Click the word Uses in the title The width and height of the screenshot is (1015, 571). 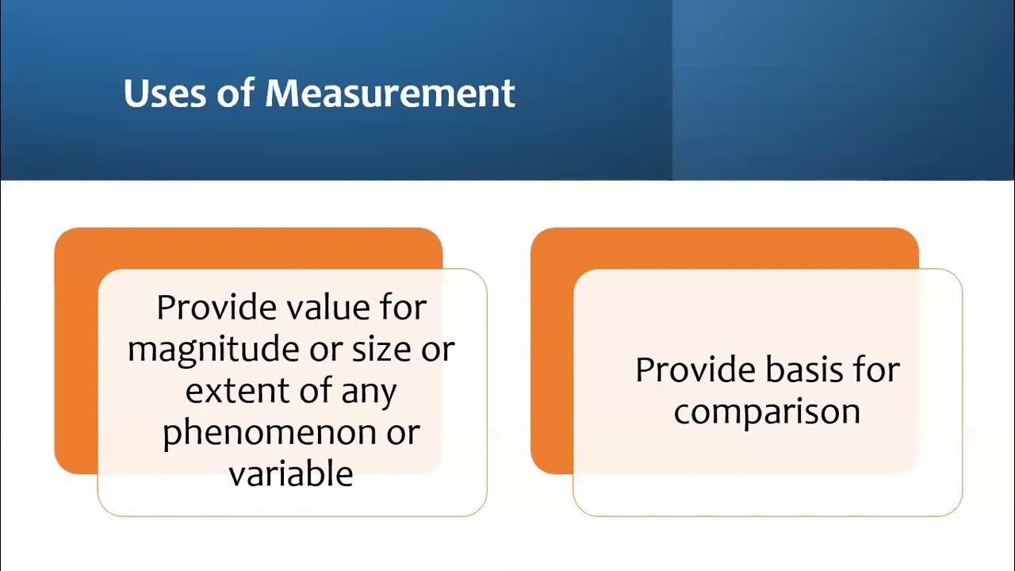point(166,94)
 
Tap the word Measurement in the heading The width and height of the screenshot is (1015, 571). point(390,94)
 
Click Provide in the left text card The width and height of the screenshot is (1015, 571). point(212,308)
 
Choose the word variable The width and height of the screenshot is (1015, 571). point(291,473)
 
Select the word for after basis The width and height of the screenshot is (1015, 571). point(875,370)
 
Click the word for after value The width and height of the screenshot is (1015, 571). point(402,308)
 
